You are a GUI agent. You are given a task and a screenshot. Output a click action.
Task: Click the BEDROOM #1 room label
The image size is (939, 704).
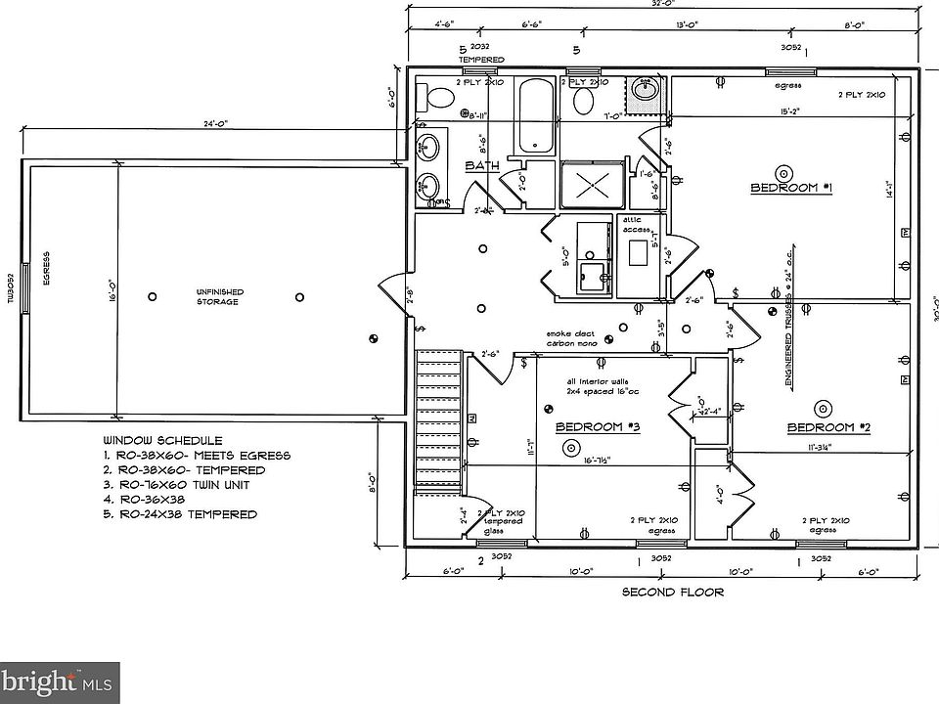(790, 187)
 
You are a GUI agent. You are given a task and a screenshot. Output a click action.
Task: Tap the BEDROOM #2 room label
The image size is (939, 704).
(828, 427)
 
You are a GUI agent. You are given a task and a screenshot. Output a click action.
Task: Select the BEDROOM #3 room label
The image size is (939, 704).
(597, 427)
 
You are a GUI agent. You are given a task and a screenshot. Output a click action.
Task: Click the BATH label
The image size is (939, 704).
(482, 166)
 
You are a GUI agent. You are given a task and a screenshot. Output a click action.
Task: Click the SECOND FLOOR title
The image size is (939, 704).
(673, 592)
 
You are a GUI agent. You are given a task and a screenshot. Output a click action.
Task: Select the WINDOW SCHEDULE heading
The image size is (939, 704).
(162, 441)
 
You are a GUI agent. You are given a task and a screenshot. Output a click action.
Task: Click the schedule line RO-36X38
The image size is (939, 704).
(153, 500)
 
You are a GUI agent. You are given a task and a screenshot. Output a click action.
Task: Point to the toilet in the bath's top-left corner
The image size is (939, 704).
(436, 98)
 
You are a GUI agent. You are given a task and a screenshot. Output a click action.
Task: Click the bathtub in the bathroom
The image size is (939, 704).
(535, 115)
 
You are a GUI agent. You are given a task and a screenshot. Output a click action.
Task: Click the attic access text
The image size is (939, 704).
(638, 224)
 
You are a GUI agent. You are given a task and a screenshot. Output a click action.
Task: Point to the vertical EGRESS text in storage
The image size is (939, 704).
(46, 266)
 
